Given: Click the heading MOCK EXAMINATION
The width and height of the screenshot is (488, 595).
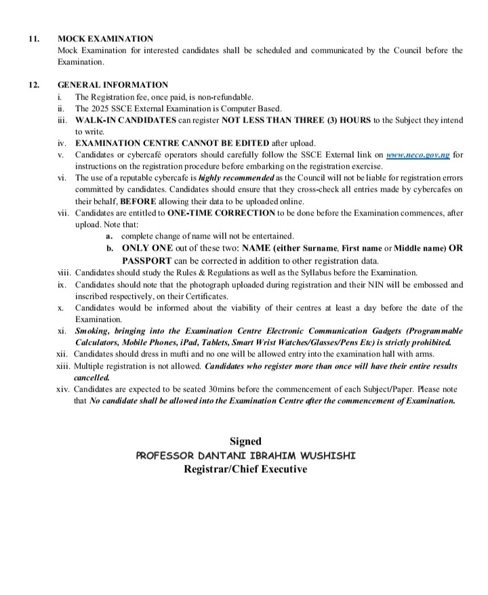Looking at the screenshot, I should click(105, 39).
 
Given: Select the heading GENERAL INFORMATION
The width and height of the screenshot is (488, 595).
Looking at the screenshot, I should click(113, 85).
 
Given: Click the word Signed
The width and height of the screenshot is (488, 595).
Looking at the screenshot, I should click(245, 441).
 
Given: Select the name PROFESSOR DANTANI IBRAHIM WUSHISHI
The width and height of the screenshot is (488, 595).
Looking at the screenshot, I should click(245, 455).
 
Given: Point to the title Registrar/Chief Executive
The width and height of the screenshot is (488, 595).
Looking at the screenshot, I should click(245, 469).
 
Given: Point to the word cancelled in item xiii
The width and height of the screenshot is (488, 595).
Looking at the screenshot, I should click(91, 377).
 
